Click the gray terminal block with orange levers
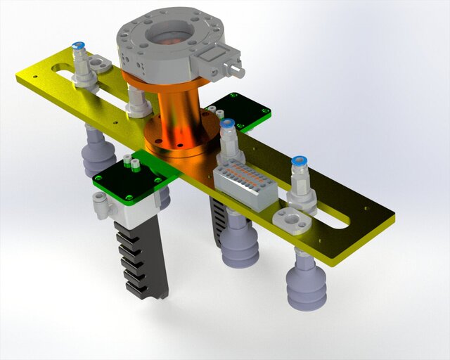tap(244, 181)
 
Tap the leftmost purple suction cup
tap(98, 155)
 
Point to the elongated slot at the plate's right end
tap(330, 217)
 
